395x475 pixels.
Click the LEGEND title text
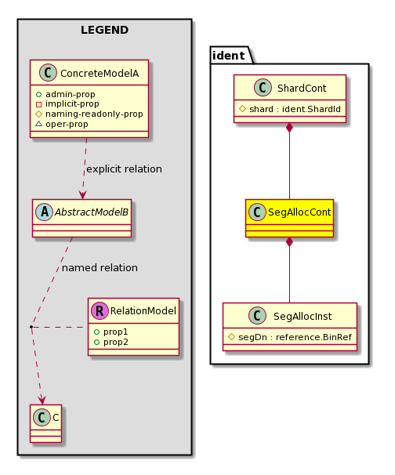point(104,30)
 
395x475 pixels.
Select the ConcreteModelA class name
point(100,74)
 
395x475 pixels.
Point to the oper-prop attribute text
point(67,124)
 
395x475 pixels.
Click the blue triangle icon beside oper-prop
point(38,124)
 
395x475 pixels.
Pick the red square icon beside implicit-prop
point(38,104)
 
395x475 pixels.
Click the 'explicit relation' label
point(124,169)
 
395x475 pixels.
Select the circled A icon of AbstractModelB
point(45,212)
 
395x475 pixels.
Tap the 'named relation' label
point(100,267)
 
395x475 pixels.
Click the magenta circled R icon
point(100,310)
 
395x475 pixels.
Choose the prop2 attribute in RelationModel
point(116,342)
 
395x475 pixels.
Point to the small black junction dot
point(31,327)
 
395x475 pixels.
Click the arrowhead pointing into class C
point(42,400)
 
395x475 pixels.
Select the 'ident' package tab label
point(229,56)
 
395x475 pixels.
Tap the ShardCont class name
point(302,88)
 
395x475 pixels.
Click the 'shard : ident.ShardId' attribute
point(295,109)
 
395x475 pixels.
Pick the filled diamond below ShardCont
point(289,128)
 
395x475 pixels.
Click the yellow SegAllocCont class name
point(299,212)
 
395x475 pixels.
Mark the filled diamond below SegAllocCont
point(289,241)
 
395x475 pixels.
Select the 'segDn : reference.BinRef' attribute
point(295,337)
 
